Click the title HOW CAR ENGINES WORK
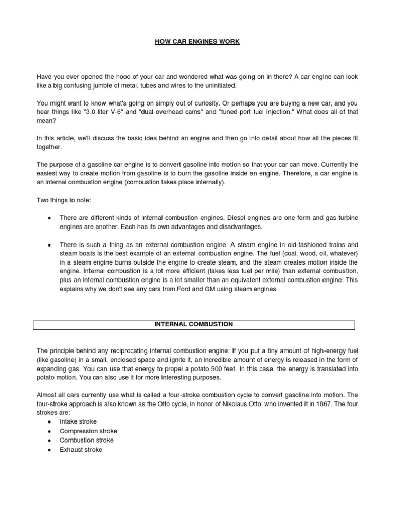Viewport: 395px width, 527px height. (197, 41)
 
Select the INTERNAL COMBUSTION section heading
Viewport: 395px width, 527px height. (194, 324)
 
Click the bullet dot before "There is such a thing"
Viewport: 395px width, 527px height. (49, 245)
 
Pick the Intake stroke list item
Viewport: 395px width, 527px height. (78, 421)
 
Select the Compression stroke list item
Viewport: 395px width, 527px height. (88, 431)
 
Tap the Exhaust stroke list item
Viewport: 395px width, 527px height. (81, 449)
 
